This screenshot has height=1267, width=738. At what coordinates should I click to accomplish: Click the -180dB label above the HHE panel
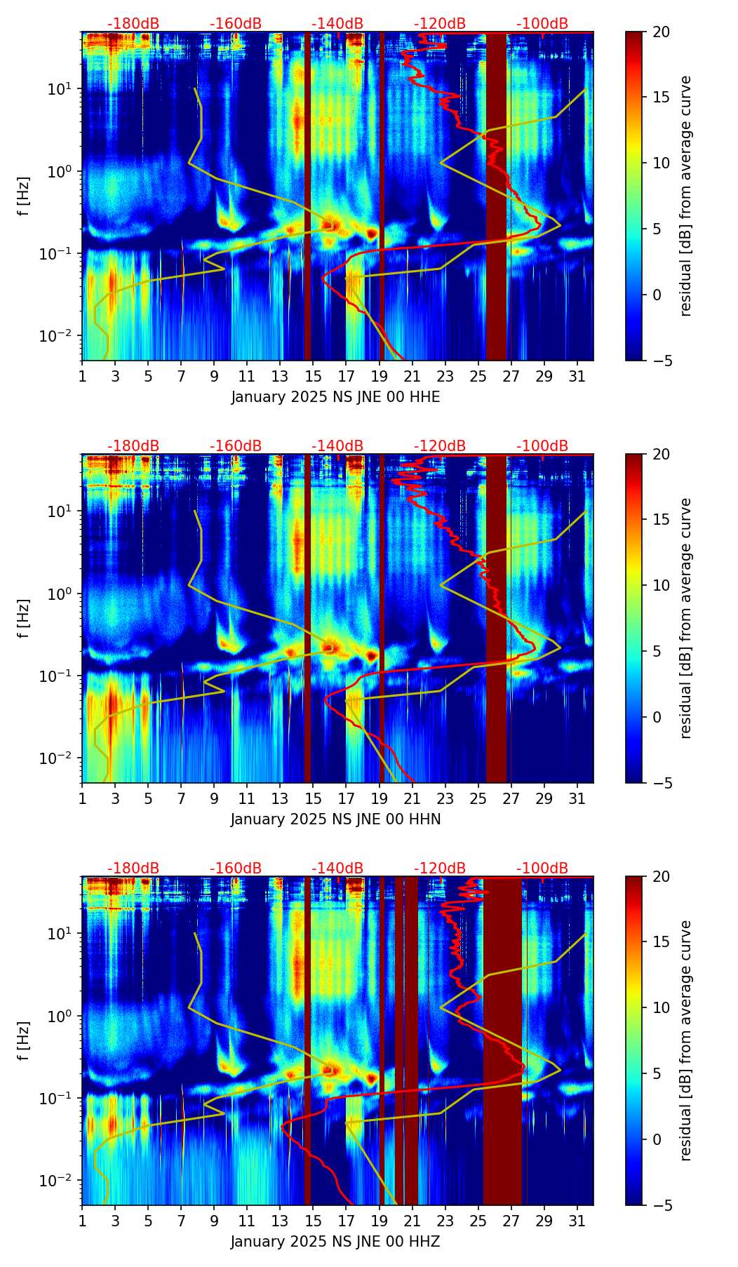133,24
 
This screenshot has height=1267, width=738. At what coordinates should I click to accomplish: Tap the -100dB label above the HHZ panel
542,869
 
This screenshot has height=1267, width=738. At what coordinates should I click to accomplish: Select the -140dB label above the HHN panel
337,446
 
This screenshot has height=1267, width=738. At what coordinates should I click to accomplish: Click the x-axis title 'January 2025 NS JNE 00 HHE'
336,397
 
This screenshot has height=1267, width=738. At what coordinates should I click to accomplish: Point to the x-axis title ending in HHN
336,819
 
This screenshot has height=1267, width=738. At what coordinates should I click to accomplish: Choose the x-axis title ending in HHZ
336,1242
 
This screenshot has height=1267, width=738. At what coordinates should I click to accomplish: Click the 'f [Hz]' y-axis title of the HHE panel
24,196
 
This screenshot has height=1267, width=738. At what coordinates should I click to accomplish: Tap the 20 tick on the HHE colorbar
661,32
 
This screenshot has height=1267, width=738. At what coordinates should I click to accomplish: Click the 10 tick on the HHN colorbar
661,585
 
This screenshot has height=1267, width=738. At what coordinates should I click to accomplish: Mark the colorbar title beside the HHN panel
686,618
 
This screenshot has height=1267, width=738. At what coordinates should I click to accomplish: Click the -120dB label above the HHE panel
440,24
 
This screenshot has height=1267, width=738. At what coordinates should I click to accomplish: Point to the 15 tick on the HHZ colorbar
661,942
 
